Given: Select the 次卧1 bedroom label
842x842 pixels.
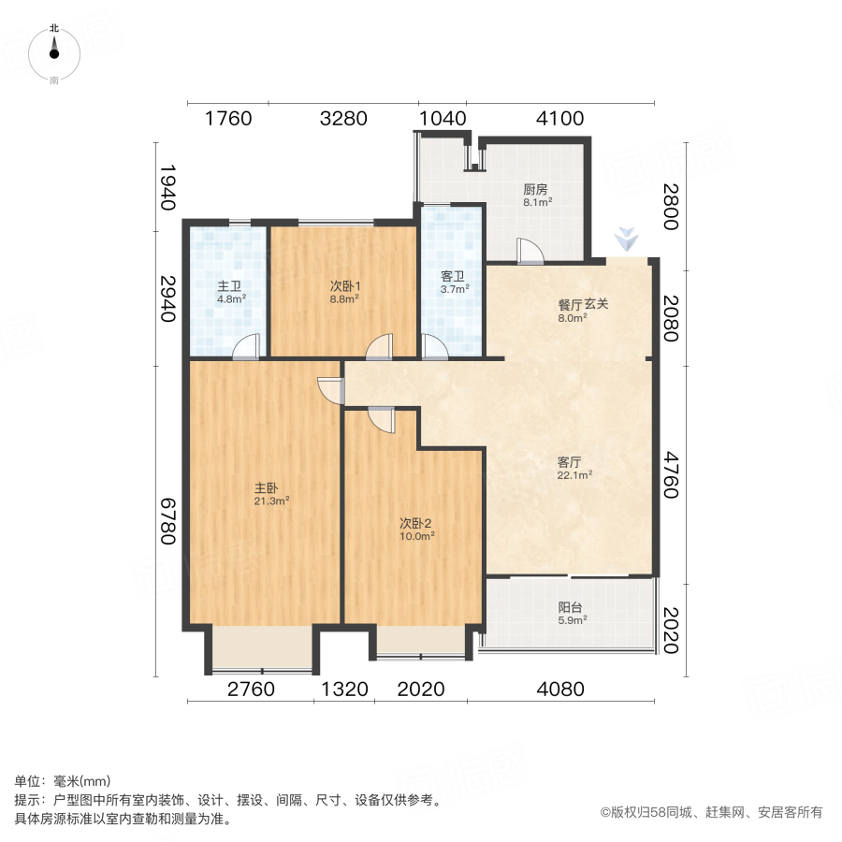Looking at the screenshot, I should click(x=344, y=286).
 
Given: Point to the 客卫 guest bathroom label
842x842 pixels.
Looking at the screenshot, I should click(x=454, y=277).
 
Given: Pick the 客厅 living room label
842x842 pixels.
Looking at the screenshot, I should click(x=570, y=462).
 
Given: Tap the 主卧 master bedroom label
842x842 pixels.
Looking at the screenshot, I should click(x=267, y=487).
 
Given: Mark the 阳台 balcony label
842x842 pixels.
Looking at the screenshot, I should click(x=573, y=605).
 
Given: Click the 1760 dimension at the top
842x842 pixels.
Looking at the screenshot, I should click(x=229, y=119).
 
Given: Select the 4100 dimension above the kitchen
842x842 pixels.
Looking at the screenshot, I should click(x=559, y=119).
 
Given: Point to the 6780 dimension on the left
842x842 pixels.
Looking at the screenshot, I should click(x=168, y=520).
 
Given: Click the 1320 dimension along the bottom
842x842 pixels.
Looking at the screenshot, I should click(x=345, y=690).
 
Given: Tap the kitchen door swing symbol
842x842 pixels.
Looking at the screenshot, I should click(x=528, y=251).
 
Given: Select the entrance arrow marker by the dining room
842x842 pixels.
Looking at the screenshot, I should click(x=624, y=240).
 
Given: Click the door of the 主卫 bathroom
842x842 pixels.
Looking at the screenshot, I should click(x=246, y=347).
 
